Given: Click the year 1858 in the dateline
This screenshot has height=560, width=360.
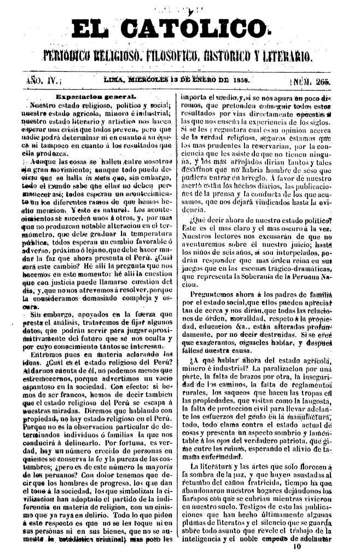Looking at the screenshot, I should click(239, 80).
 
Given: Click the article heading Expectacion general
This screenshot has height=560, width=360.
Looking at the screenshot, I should click(96, 96).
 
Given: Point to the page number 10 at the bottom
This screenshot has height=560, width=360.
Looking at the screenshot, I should click(297, 545).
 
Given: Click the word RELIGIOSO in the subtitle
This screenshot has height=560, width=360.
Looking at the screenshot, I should click(117, 55).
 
